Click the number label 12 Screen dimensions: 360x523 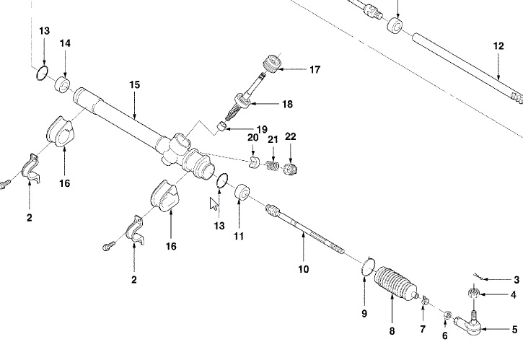498,45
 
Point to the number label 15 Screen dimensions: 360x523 133,84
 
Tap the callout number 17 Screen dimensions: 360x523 315,70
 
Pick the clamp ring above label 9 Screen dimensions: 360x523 367,268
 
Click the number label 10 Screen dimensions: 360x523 303,269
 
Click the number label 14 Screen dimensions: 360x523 65,44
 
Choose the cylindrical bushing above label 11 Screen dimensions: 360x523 242,194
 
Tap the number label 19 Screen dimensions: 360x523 242,130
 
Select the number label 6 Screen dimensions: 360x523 444,335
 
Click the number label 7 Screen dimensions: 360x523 423,329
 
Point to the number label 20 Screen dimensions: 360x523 252,138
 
